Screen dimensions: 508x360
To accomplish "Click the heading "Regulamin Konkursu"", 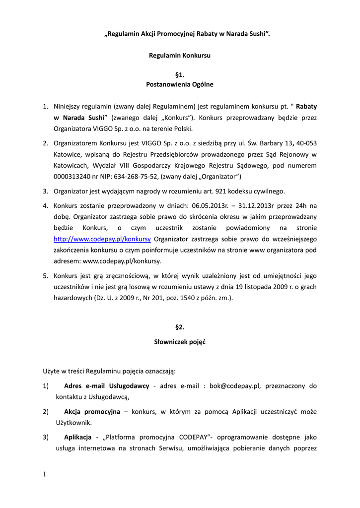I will (180, 56).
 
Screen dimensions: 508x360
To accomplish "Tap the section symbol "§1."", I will (180, 75).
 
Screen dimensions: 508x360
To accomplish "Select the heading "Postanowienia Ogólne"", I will (180, 84).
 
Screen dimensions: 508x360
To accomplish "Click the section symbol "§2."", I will (180, 327).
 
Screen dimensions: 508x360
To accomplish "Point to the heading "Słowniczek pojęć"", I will (180, 342).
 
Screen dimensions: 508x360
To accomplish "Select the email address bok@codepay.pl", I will (235, 385).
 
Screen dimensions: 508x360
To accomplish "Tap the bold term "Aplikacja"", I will (77, 438).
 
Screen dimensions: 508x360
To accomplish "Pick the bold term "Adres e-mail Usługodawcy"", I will (107, 385).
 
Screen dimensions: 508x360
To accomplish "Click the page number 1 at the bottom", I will (44, 475).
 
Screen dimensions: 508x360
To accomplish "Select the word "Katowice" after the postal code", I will (68, 155).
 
